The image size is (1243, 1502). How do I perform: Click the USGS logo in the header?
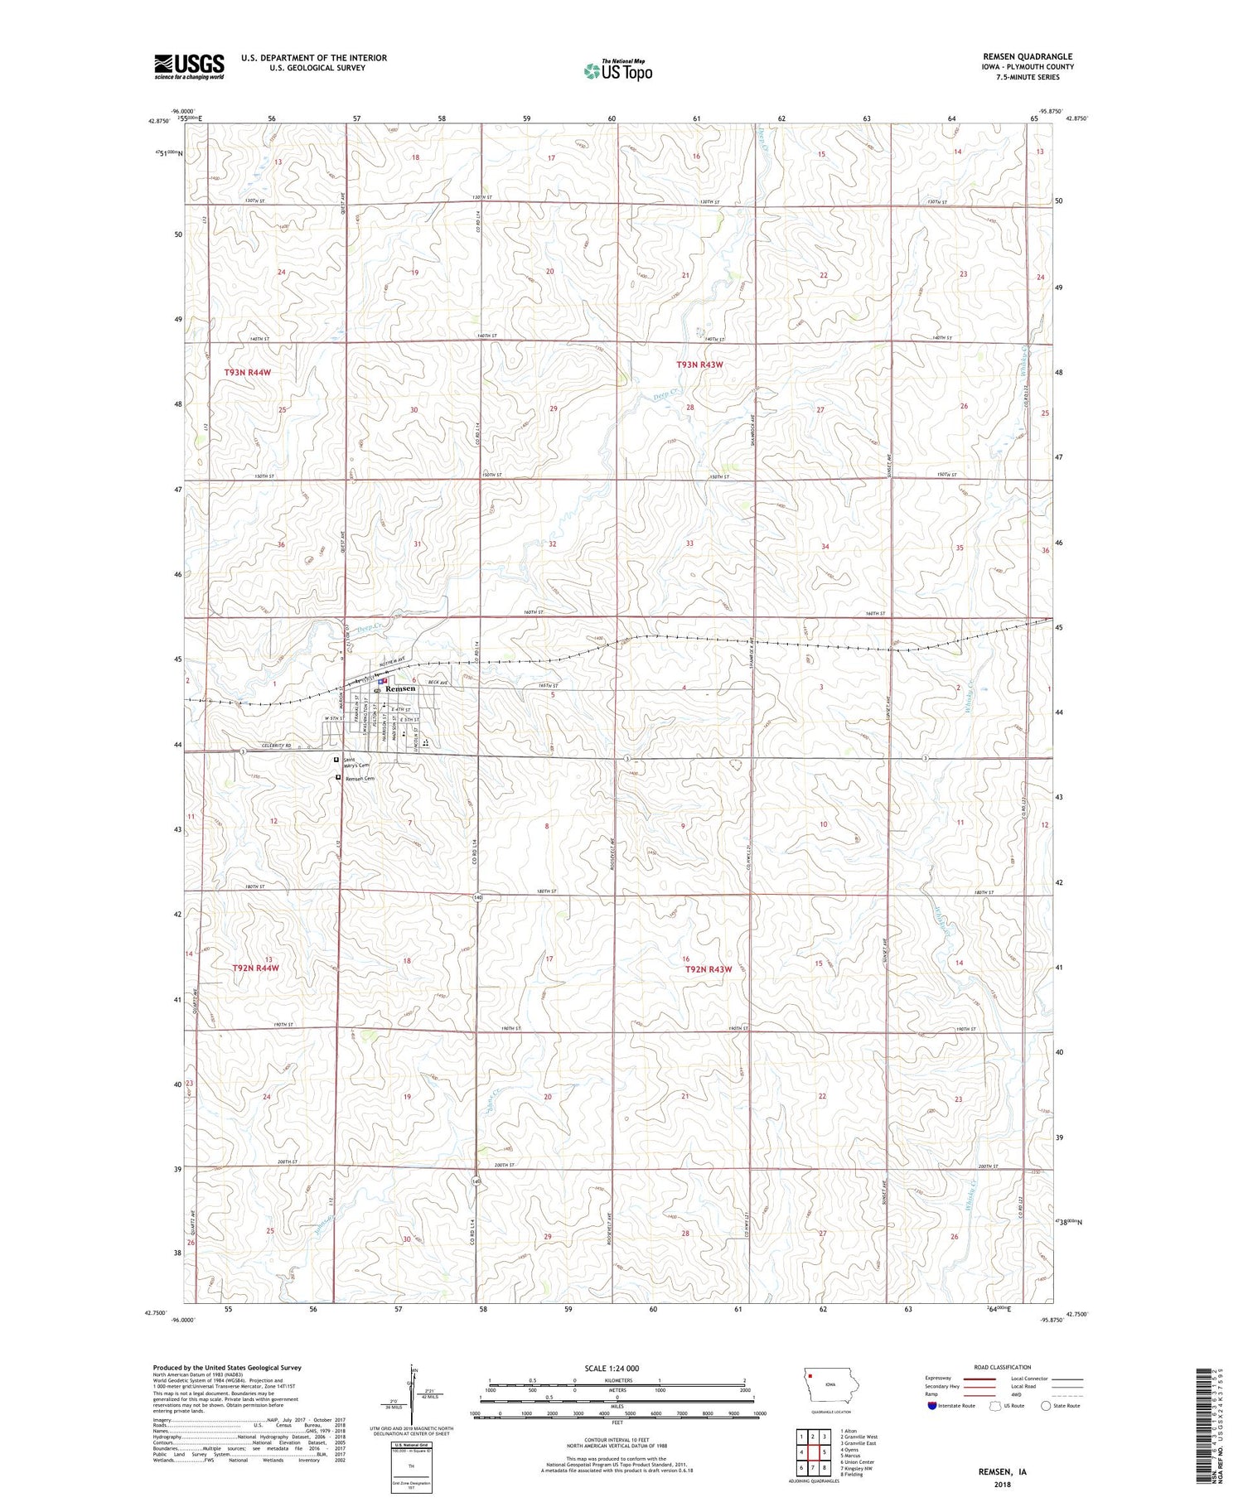[x=189, y=66]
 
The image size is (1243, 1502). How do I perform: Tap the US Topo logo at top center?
[x=617, y=70]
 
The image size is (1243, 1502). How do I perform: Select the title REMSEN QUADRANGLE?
[x=1028, y=56]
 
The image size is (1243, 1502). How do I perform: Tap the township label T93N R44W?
[x=248, y=373]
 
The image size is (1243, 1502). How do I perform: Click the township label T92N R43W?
[x=709, y=969]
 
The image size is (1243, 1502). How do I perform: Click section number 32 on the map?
[x=552, y=543]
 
